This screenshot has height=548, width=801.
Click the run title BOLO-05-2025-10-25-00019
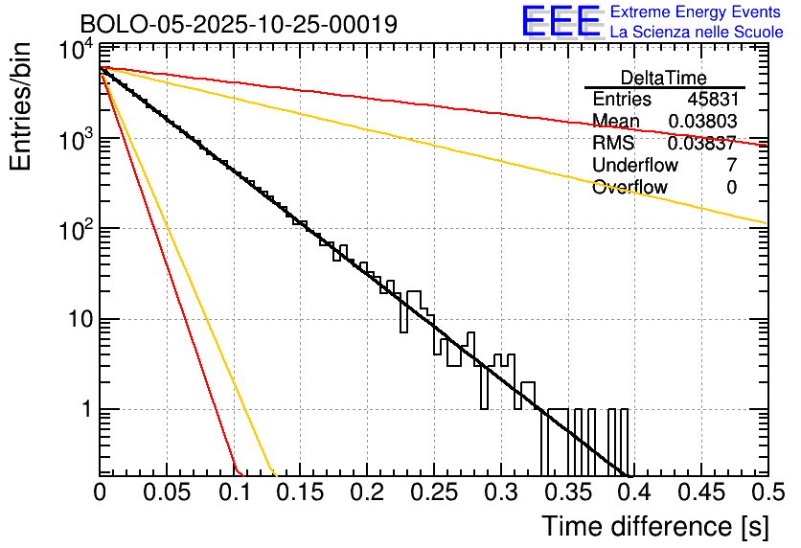[x=239, y=24]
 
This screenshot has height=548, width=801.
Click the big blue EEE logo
[x=561, y=23]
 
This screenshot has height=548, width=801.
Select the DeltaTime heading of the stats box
[x=664, y=78]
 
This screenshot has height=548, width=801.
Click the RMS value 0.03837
[x=702, y=144]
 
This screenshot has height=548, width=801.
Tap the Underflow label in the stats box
[x=635, y=166]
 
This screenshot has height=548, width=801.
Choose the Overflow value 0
[x=731, y=188]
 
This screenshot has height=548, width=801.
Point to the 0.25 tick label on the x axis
[x=433, y=493]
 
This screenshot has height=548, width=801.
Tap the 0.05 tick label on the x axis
[x=167, y=493]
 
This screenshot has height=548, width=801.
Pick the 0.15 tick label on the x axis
[x=300, y=493]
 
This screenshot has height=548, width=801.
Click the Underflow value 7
[x=731, y=166]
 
